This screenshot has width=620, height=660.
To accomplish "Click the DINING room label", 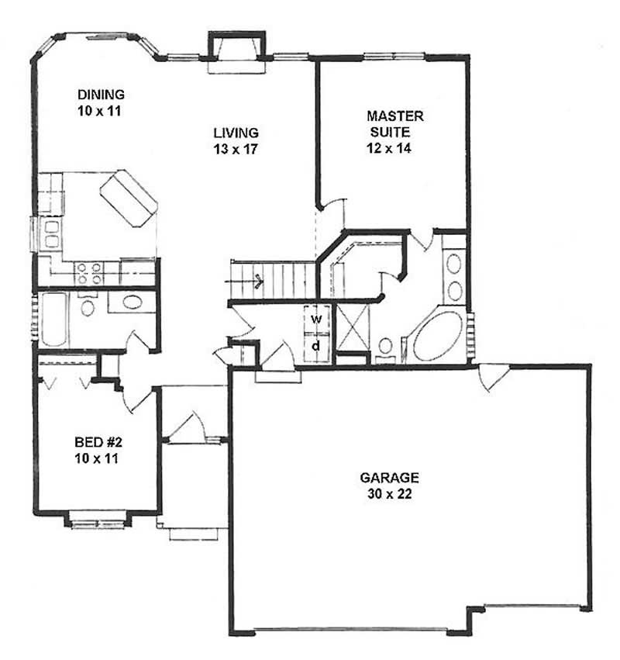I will (101, 95).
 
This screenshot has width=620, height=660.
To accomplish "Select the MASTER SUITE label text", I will (394, 123).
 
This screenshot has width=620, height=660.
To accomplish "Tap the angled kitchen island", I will (129, 198).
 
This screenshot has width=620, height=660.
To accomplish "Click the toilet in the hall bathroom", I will (88, 306).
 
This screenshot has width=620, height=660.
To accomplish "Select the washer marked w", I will (316, 318).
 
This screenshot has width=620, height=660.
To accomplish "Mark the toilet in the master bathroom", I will (385, 347).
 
